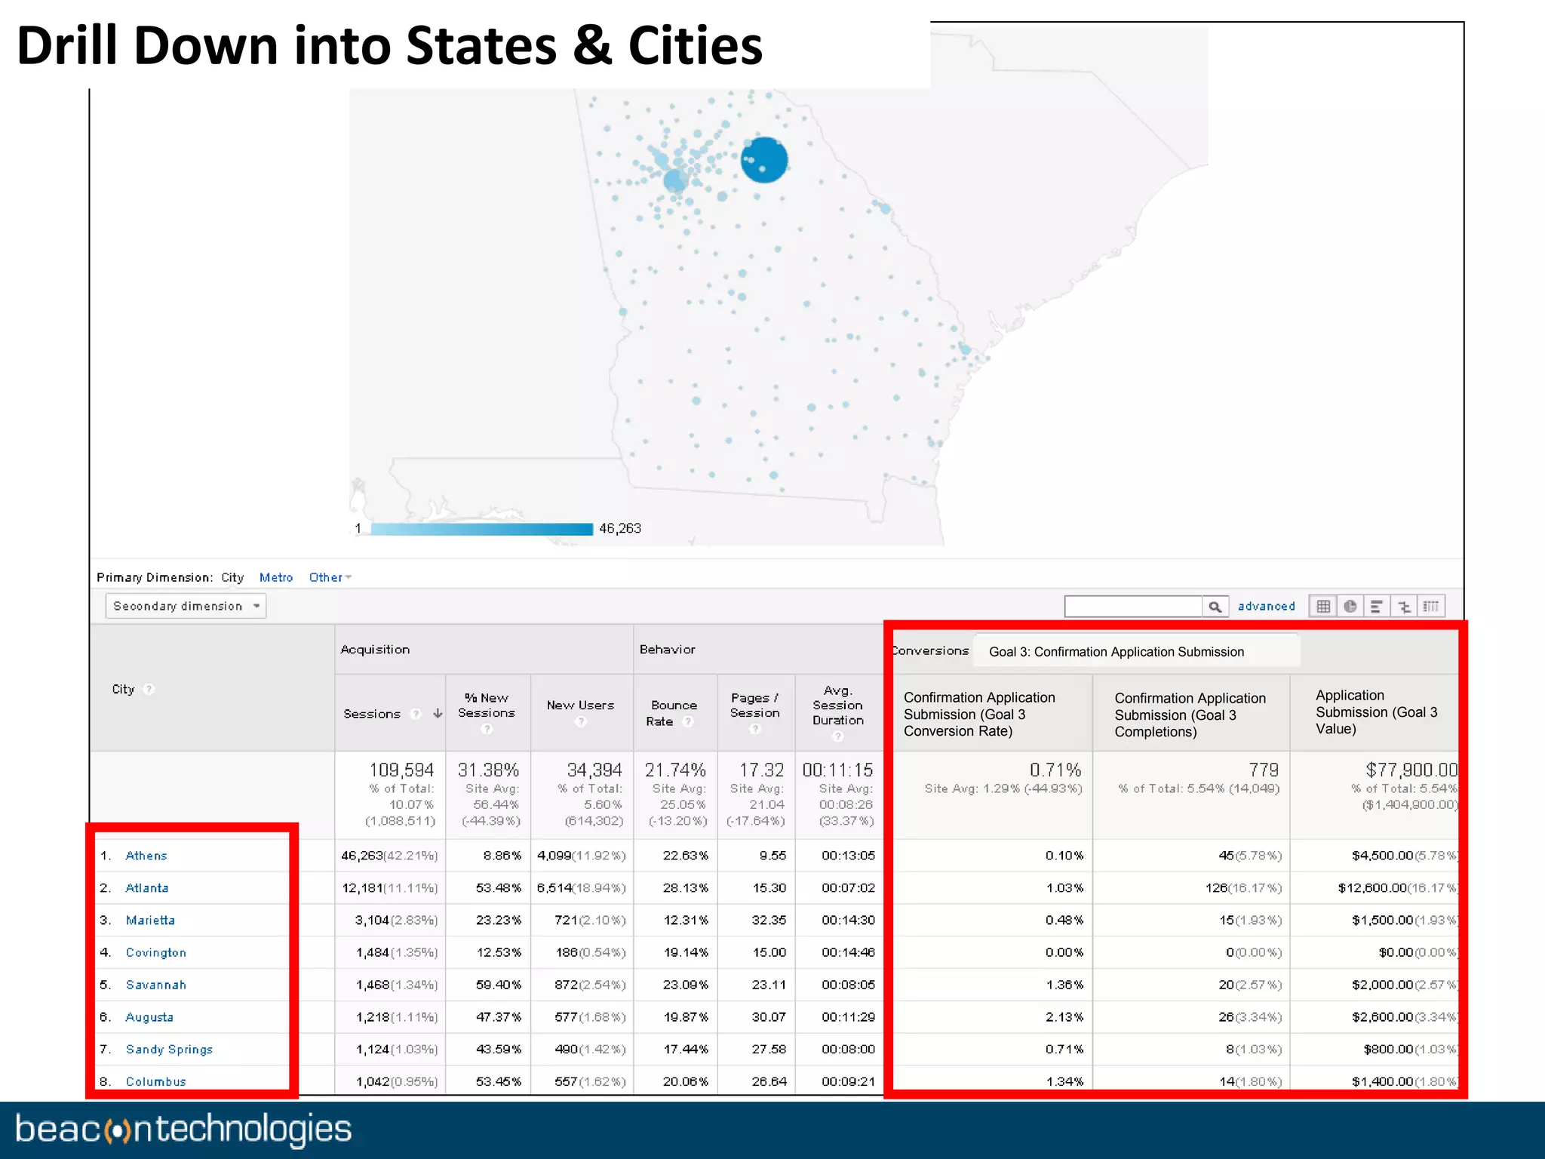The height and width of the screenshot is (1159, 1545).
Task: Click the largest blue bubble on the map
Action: (x=764, y=160)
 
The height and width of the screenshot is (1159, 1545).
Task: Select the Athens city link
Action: (x=146, y=856)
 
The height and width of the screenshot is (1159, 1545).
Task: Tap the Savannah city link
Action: (x=155, y=985)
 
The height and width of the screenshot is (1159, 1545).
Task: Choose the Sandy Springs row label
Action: (x=169, y=1050)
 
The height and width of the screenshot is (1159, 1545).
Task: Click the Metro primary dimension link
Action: (x=276, y=577)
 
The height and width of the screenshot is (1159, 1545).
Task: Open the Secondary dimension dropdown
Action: (x=186, y=606)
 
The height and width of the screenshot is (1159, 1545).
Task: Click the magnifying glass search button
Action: (x=1215, y=607)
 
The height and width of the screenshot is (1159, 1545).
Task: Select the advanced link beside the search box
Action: (x=1266, y=606)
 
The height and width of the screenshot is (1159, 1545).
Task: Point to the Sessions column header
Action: (x=372, y=714)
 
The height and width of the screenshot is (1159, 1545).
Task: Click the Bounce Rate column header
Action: (x=674, y=713)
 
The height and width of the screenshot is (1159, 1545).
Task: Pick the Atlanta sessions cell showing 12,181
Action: (x=363, y=888)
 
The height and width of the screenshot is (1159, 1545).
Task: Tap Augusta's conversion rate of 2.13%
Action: (x=1064, y=1017)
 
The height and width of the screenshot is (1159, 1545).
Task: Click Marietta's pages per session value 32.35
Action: (x=769, y=921)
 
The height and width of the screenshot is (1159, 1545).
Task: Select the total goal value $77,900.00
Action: (x=1411, y=770)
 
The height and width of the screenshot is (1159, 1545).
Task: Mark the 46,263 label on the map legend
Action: (x=620, y=528)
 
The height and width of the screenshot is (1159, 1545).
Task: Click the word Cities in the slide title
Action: (x=695, y=46)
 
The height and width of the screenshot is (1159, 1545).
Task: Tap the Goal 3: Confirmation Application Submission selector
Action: (x=1117, y=652)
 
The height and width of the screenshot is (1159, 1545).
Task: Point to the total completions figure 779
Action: (x=1264, y=770)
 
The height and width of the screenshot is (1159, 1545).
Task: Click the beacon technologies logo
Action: (x=183, y=1130)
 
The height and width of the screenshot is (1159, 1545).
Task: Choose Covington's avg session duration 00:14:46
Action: (x=848, y=953)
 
